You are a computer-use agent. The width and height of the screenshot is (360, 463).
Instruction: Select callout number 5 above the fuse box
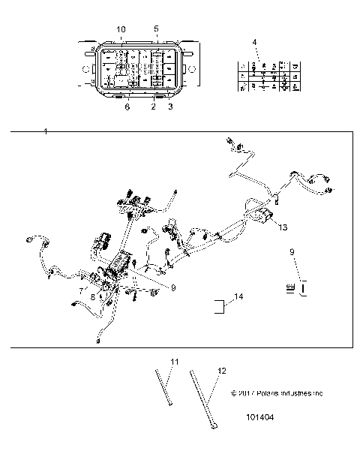[x=156, y=29]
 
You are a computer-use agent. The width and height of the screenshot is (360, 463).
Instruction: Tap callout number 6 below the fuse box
[x=127, y=107]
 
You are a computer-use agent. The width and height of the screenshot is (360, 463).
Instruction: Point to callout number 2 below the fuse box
[x=154, y=107]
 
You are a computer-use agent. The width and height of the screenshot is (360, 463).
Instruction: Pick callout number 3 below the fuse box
[x=171, y=107]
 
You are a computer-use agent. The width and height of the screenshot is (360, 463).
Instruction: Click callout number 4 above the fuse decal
[x=254, y=42]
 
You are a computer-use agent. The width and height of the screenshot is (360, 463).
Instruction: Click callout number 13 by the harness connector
[x=283, y=226]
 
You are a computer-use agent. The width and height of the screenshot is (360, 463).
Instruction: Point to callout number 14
[x=238, y=297]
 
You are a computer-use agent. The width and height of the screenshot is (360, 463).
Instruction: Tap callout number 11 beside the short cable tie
[x=174, y=362]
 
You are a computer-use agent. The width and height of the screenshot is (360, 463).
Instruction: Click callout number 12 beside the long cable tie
[x=220, y=371]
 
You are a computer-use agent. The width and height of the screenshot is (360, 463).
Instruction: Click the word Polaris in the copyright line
[x=268, y=392]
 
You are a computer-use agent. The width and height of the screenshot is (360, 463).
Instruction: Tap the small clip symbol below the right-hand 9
[x=295, y=287]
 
